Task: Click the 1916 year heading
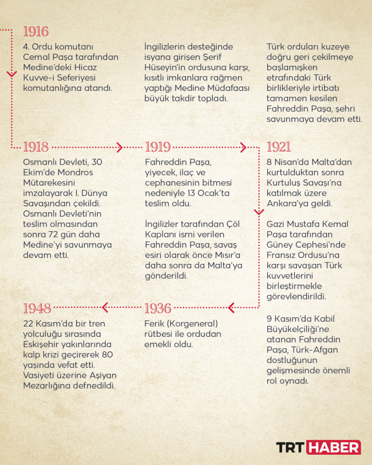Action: click(x=35, y=31)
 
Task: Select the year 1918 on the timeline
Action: click(x=35, y=147)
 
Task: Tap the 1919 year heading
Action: click(x=157, y=147)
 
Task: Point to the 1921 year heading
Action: click(x=279, y=147)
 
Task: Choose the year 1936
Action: click(x=157, y=308)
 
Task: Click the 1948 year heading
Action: click(x=37, y=308)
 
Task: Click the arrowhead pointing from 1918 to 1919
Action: click(x=120, y=147)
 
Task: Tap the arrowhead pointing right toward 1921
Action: click(x=242, y=147)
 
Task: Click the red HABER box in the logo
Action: click(x=334, y=447)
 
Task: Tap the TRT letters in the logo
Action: click(x=291, y=447)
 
